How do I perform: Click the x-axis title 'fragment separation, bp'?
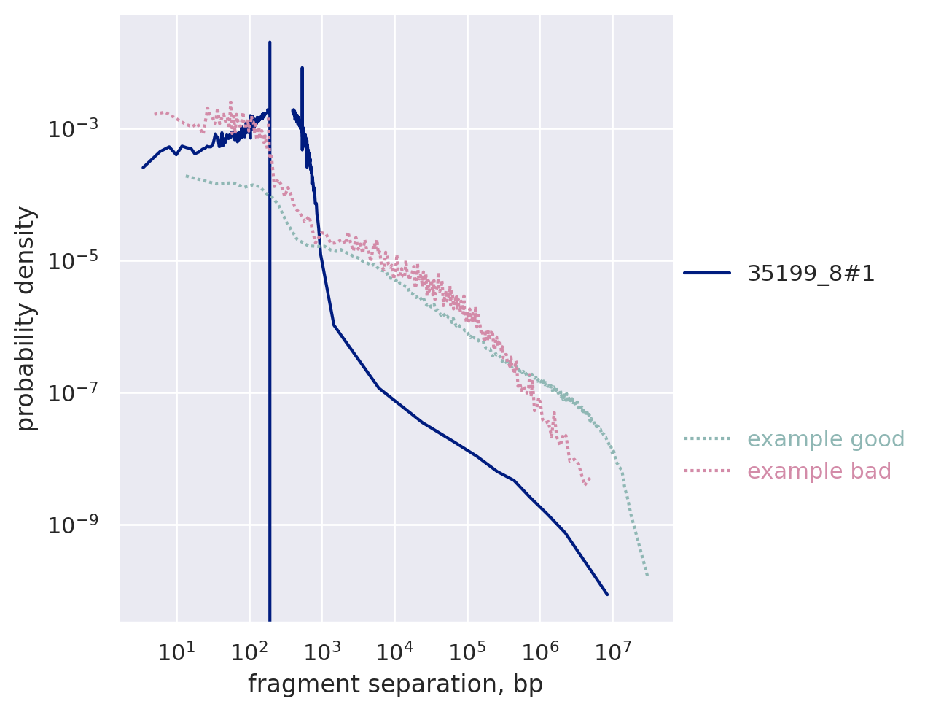coord(395,684)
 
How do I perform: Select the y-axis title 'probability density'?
coord(27,318)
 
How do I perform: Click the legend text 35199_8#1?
coord(811,274)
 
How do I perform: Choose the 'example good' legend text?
coord(816,439)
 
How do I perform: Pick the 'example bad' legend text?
coord(819,471)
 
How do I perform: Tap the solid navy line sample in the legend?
coord(706,274)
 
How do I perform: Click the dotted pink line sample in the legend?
coord(706,471)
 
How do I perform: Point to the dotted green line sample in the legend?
coord(706,439)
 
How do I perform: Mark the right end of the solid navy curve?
coord(607,595)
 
